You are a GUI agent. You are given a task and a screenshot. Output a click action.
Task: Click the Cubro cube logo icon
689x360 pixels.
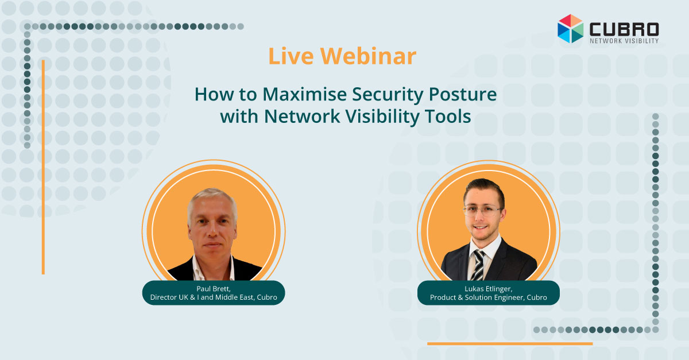point(570,29)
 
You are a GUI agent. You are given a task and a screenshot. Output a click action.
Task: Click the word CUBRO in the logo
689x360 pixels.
point(624,29)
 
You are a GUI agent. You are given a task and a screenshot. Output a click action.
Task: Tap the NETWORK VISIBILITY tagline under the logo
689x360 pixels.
point(624,41)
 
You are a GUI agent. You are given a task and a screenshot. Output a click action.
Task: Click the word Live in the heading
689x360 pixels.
point(291,56)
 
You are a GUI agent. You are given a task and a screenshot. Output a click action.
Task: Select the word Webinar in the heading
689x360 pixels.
point(368,56)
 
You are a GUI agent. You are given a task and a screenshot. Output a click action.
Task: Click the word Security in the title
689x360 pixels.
point(388,95)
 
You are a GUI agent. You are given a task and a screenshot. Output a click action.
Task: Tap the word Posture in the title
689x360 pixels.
point(463,94)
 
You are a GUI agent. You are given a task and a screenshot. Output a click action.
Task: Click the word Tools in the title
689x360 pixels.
point(447,117)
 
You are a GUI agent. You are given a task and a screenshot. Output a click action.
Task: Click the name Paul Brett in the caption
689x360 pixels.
point(213,289)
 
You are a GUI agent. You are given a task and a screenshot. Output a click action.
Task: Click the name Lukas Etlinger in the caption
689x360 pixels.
point(488,289)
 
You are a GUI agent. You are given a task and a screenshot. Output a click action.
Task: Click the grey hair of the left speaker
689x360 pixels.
point(212,200)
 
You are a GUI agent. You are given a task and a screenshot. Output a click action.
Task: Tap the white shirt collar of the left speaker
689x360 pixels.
point(213,268)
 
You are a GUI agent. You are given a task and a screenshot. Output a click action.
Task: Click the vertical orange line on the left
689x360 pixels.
point(44,167)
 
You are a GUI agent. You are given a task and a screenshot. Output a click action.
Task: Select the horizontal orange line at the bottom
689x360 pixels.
point(510,343)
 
